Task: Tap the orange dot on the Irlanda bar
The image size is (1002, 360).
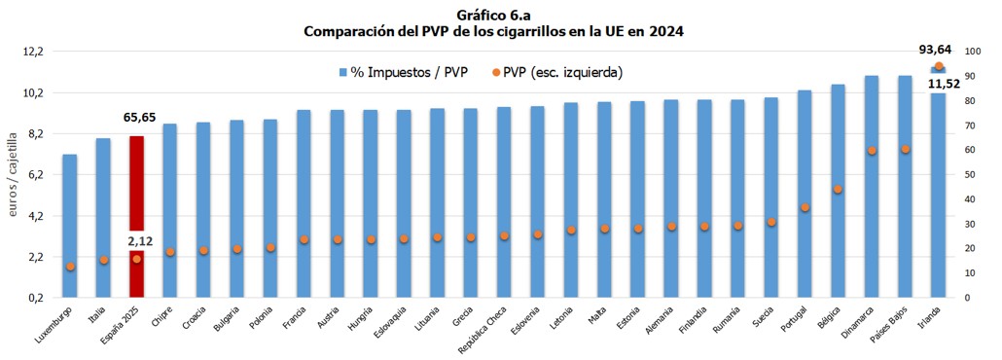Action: pos(939,67)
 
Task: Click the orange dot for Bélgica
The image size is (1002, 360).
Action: pos(838,189)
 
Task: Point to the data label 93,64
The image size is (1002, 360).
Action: pos(938,50)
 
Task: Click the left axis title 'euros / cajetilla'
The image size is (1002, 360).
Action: pos(14,175)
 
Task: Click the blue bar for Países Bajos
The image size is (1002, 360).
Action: pos(905,185)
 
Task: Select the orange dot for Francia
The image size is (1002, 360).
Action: pos(304,239)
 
